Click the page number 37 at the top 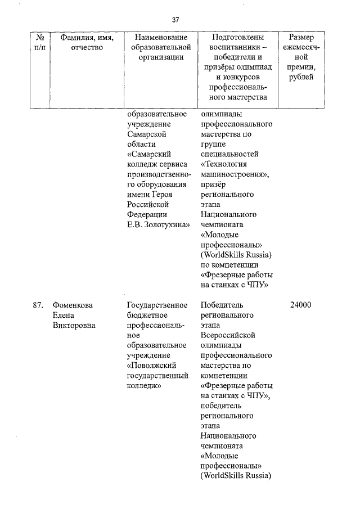click(x=175, y=20)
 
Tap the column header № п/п click(x=40, y=42)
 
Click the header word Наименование click(x=157, y=37)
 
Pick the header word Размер click(x=301, y=37)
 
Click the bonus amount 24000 click(x=300, y=305)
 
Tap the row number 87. click(x=38, y=305)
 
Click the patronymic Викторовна click(x=74, y=325)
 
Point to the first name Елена click(x=64, y=316)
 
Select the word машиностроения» click(x=235, y=174)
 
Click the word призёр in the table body click(x=214, y=184)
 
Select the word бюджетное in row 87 click(x=147, y=316)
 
